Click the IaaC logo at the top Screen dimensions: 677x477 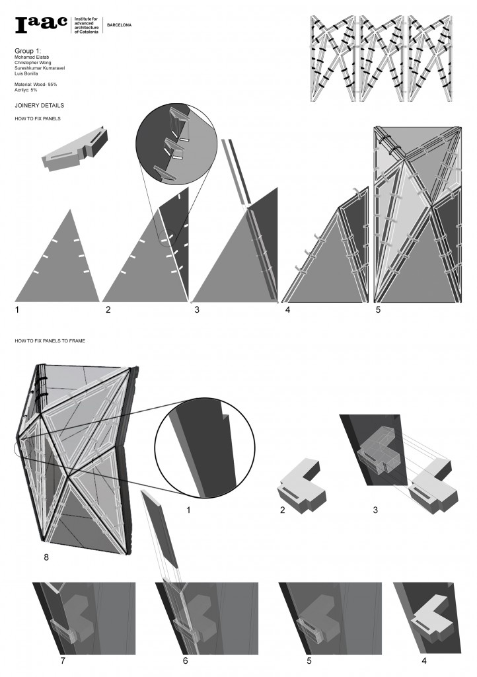pyautogui.click(x=41, y=24)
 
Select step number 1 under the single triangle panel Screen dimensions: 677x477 pyautogui.click(x=18, y=309)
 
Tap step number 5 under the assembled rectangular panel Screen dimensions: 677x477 pyautogui.click(x=377, y=309)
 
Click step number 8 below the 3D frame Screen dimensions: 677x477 pyautogui.click(x=46, y=557)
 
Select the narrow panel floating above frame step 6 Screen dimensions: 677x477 pyautogui.click(x=160, y=530)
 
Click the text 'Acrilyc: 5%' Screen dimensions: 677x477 pyautogui.click(x=28, y=91)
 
